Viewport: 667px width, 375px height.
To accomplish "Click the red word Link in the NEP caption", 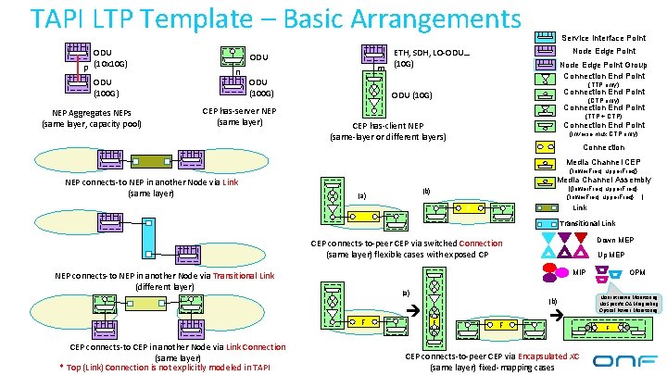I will point(231,182).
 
